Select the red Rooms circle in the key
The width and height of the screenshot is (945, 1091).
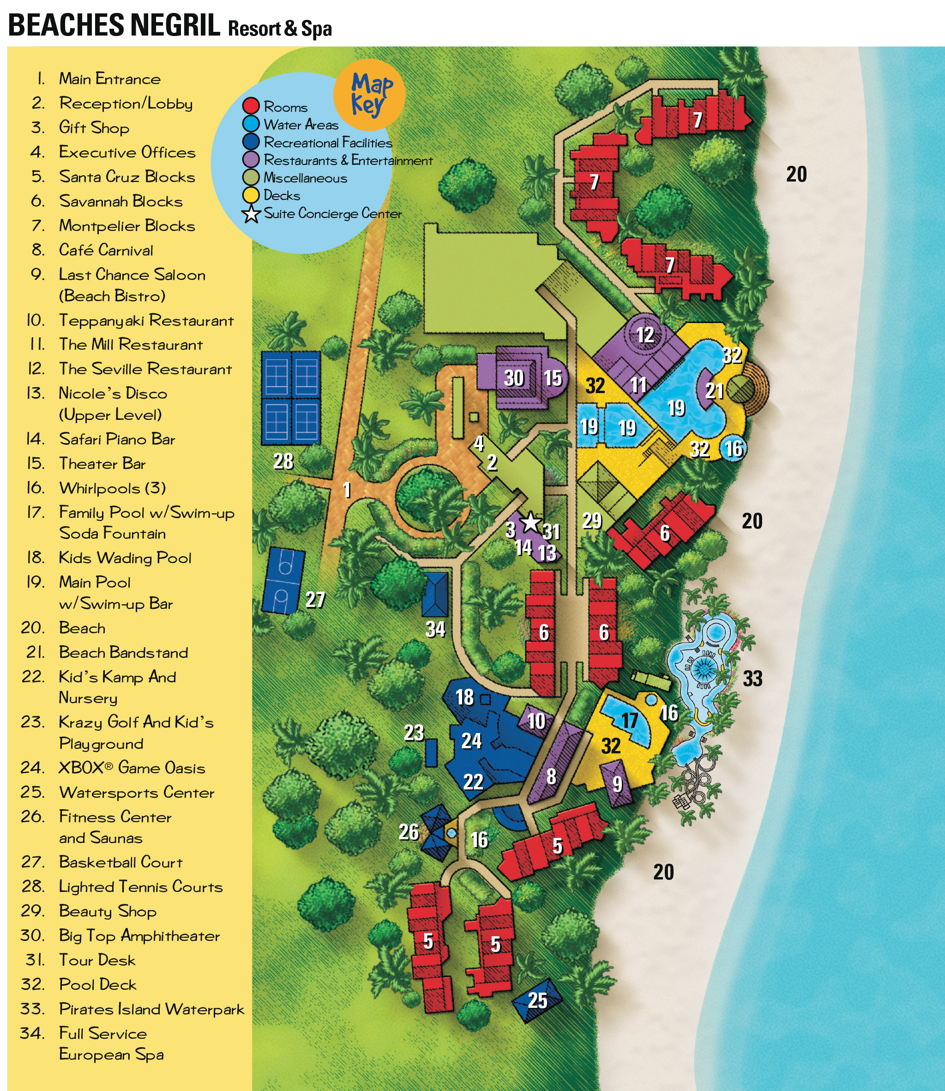click(251, 106)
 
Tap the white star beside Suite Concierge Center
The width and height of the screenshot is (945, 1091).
click(252, 214)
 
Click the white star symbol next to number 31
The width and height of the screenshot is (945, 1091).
click(530, 523)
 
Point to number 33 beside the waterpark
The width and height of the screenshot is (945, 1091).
click(752, 679)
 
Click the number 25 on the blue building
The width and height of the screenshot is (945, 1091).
click(537, 1000)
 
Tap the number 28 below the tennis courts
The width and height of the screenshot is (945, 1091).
click(283, 461)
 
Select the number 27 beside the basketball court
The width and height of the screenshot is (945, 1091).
click(315, 600)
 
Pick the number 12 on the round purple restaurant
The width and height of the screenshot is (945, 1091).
click(645, 335)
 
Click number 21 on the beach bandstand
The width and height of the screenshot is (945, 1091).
click(714, 391)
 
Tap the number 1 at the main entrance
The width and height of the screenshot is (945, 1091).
click(346, 490)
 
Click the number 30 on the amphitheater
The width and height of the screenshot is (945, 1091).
click(514, 378)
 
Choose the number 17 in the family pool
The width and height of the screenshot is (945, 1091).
click(630, 720)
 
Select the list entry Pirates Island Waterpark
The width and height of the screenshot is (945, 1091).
click(151, 1009)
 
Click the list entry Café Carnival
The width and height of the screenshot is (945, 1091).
click(105, 250)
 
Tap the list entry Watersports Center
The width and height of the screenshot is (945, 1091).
click(136, 793)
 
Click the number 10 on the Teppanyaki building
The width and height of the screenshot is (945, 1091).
click(536, 721)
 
